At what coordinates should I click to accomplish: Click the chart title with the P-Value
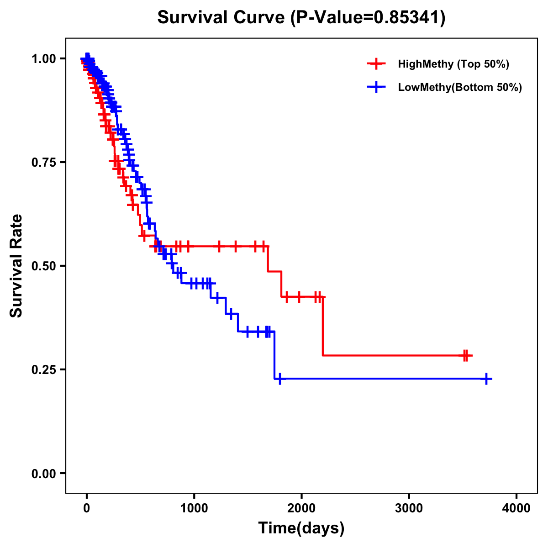(x=301, y=17)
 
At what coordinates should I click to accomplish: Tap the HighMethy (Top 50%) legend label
(x=453, y=64)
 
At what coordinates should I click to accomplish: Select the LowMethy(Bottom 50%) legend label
(x=460, y=87)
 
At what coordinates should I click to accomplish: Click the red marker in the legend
(x=376, y=64)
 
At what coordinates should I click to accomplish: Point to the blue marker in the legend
(x=376, y=87)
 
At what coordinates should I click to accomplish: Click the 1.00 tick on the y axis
(x=43, y=59)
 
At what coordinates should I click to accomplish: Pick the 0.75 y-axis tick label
(x=43, y=163)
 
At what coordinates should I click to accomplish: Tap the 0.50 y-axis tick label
(x=43, y=266)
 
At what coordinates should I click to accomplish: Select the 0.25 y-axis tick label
(x=43, y=370)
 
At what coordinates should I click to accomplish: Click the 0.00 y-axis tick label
(x=43, y=474)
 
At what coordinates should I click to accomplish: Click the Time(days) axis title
(x=301, y=528)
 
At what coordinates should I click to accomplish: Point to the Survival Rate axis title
(x=16, y=266)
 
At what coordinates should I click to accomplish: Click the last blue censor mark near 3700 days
(x=487, y=379)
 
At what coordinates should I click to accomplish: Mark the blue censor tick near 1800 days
(x=279, y=379)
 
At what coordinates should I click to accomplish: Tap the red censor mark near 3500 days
(x=465, y=355)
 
